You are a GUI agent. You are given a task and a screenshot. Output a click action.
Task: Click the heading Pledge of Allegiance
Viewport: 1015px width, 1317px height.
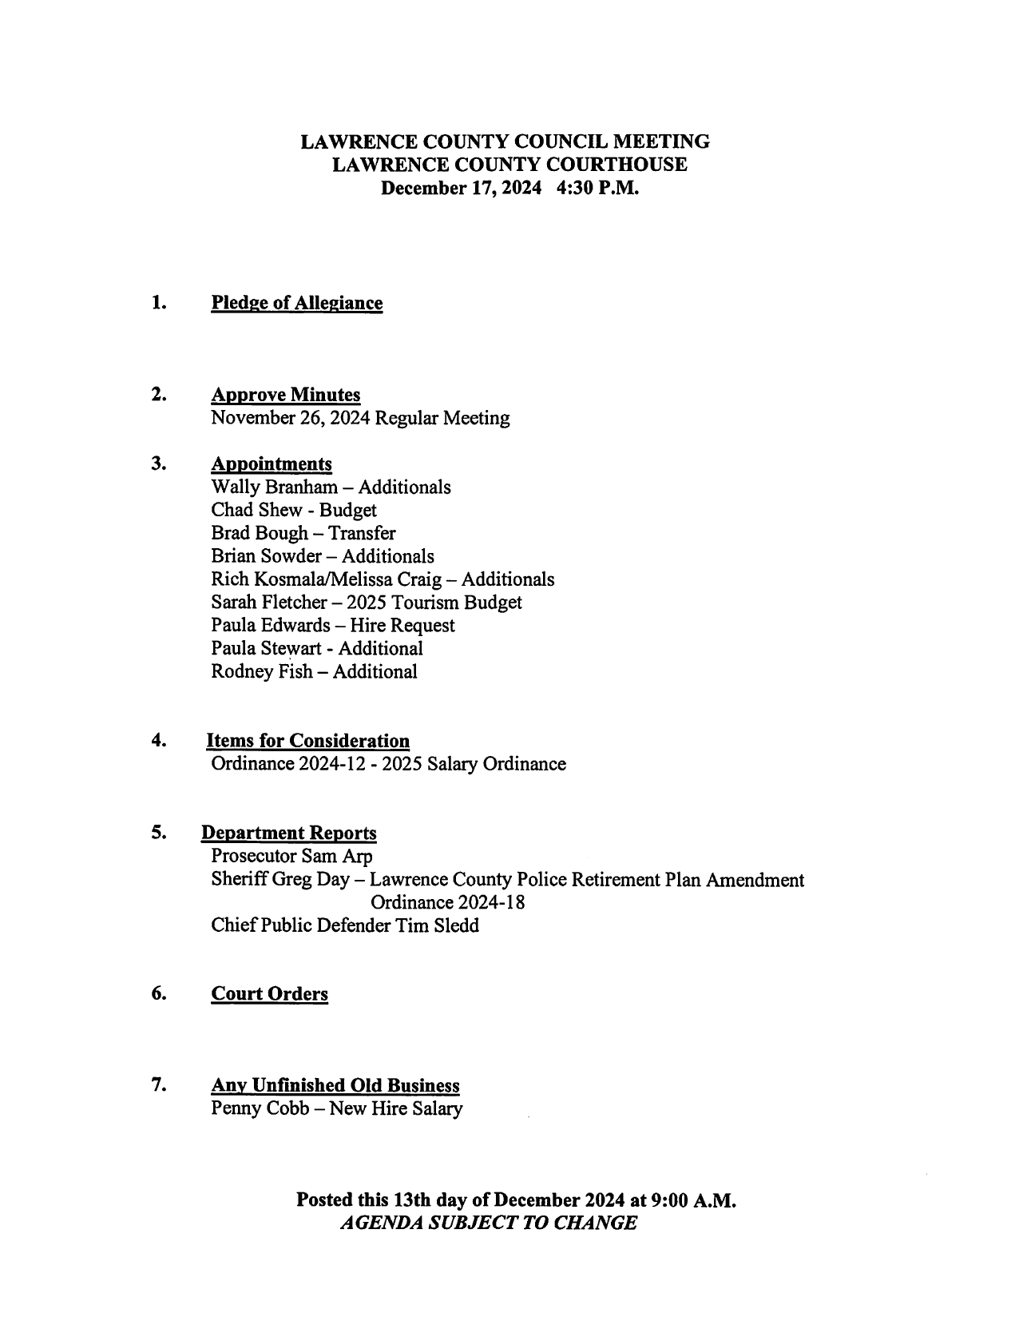pos(296,303)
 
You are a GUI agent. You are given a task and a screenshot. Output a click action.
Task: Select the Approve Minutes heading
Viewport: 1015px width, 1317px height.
pos(285,395)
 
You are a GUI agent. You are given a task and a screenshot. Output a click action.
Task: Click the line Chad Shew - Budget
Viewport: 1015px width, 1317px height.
pos(293,511)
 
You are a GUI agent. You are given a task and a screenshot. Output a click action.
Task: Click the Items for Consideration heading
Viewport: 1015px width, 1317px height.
pos(308,741)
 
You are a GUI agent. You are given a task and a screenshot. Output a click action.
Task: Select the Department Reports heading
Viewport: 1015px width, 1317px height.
pos(289,833)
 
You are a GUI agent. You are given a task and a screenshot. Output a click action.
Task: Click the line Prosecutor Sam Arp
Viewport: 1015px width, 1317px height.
pos(291,857)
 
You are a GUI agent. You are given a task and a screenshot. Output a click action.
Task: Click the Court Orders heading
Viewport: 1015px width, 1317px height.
pos(269,994)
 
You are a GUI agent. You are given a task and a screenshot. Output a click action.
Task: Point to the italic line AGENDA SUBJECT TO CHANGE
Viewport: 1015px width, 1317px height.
pos(488,1223)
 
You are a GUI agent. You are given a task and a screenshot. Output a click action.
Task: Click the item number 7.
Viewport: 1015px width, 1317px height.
pos(158,1085)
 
